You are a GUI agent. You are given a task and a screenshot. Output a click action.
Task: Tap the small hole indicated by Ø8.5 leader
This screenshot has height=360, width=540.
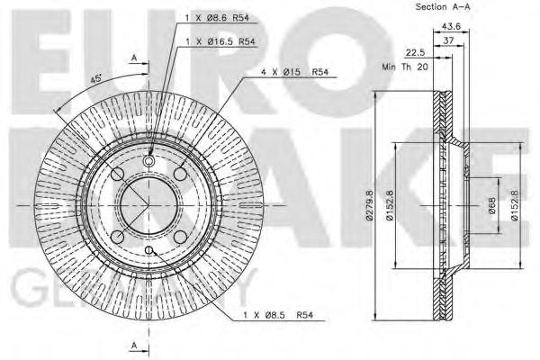pos(149,250)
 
